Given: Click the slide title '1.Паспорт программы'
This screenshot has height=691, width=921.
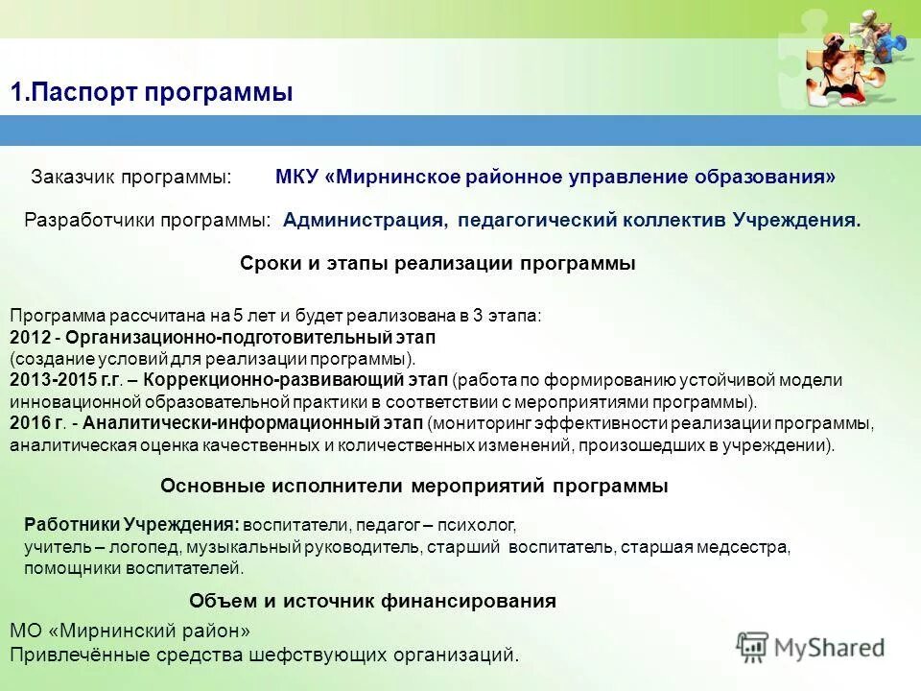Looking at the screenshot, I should (152, 92).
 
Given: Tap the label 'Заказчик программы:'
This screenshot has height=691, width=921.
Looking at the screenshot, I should (131, 178).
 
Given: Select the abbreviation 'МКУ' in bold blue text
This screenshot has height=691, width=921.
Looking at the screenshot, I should (297, 178).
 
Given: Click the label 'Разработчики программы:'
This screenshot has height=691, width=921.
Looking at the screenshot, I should (148, 220).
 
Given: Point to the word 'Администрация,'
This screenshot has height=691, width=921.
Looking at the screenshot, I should (366, 220).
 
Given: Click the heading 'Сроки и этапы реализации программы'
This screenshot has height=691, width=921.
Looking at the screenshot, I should (437, 264).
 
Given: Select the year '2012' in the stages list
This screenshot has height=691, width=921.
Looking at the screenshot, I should (27, 338).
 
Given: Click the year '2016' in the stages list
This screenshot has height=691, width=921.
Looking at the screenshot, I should (27, 423).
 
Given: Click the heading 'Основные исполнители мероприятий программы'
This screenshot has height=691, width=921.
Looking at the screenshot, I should (413, 487).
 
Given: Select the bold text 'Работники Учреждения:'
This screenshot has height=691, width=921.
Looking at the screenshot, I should (131, 525).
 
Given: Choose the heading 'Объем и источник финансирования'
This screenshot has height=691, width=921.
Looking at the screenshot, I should (372, 602).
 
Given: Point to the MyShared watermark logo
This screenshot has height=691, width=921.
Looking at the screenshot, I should (812, 647).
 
